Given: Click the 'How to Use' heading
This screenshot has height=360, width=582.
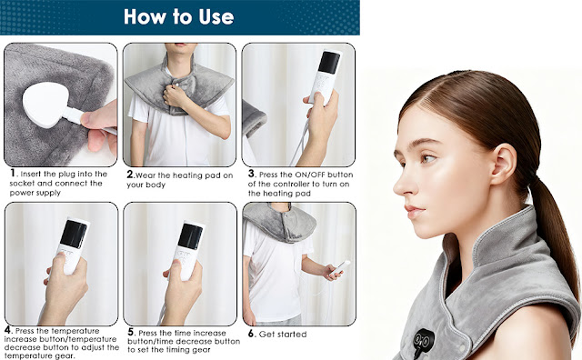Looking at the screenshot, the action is [178, 16].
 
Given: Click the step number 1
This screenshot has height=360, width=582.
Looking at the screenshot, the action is [14, 173].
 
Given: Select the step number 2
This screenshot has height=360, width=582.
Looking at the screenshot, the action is [130, 174].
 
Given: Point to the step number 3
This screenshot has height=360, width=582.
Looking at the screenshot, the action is [252, 174].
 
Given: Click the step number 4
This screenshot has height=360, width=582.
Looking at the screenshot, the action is [8, 330].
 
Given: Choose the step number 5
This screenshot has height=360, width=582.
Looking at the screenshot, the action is [131, 332].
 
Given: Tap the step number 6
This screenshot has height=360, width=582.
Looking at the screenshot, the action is [252, 334].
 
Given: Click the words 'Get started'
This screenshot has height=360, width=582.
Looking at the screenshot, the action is [283, 335].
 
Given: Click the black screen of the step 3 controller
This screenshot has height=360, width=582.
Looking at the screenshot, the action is [329, 62].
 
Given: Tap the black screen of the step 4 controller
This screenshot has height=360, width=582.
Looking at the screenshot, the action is [74, 234].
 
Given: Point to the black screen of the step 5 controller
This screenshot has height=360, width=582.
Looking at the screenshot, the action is [190, 236].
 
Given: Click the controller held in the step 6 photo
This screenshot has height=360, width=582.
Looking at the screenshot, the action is [340, 268].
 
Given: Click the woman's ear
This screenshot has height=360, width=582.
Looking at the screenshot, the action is [503, 164].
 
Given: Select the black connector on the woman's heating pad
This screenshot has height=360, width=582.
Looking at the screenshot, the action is [423, 340].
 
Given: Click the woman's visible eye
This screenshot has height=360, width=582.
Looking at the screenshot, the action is [427, 159].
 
